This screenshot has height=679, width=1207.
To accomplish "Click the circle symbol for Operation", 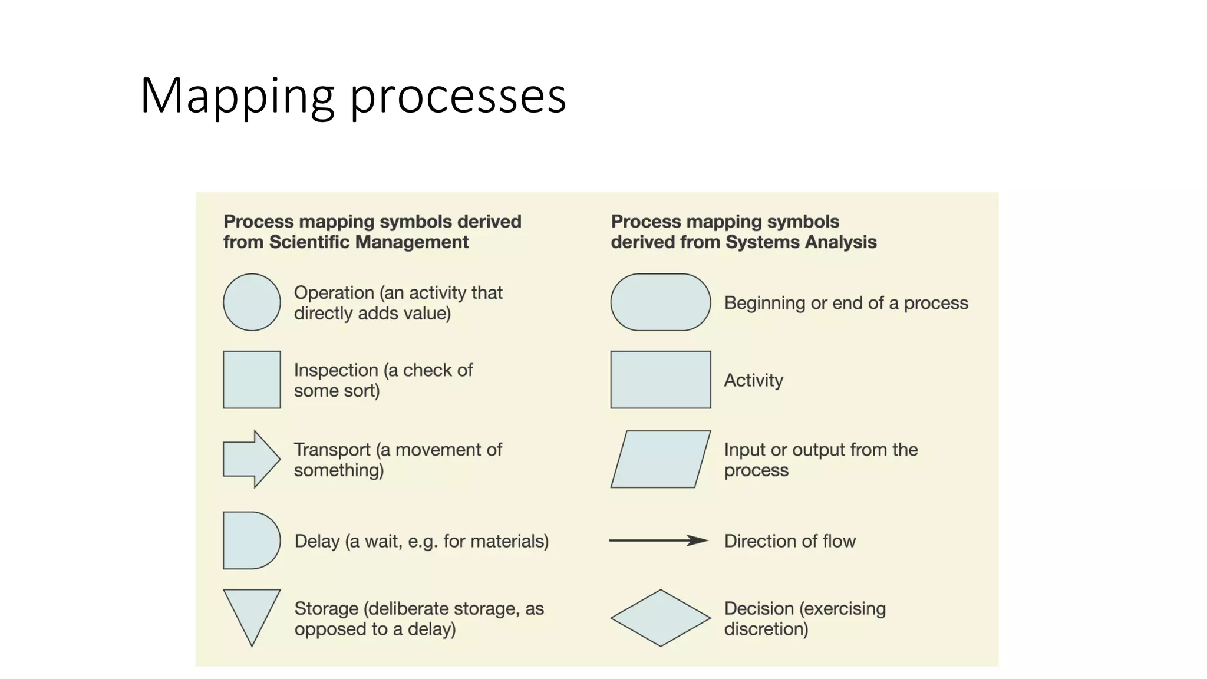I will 252,302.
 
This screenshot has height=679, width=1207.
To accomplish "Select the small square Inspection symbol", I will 252,380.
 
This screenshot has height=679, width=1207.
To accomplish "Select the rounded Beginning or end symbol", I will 660,302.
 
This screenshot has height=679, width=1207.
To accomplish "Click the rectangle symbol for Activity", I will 660,380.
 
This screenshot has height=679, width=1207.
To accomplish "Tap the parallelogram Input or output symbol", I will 660,459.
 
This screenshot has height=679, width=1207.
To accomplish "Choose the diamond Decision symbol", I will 660,618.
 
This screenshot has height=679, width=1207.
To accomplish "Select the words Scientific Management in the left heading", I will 369,242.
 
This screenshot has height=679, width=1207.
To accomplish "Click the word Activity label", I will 753,380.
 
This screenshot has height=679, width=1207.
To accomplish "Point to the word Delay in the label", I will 316,541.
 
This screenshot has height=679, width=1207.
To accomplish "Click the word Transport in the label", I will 332,450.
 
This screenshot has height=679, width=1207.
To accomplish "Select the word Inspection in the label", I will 336,370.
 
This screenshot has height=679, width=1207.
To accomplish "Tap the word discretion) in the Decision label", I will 766,629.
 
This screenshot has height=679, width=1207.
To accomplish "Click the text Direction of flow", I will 790,541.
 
